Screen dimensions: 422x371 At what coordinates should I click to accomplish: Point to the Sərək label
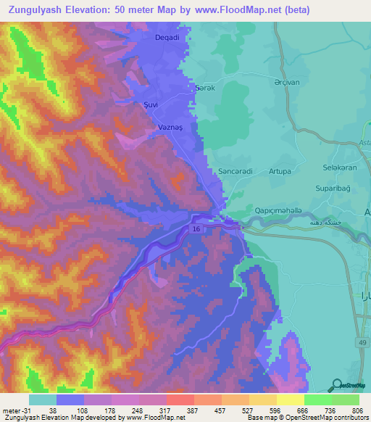[207, 87]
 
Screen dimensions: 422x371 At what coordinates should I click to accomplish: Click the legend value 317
[153, 410]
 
